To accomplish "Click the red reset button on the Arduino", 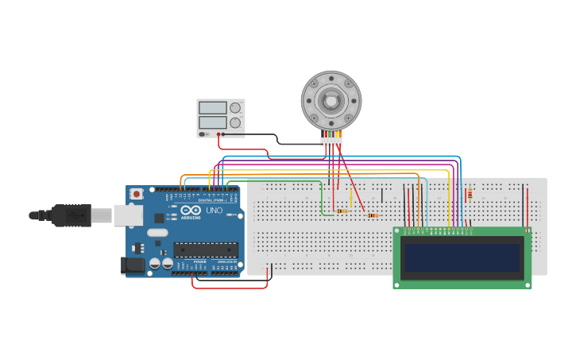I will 137,193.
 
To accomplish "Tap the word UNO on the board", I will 215,211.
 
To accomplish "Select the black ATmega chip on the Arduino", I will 206,250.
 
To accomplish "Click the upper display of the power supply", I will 213,107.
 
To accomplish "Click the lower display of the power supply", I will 213,122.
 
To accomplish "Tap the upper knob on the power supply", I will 235,107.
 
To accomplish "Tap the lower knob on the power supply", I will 235,122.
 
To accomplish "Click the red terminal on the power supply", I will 218,134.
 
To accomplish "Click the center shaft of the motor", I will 331,100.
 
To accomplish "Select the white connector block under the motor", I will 331,141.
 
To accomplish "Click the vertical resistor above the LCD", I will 470,193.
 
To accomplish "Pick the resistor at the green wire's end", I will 342,211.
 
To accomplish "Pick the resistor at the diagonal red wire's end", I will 373,215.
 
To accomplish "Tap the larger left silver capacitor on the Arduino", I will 155,263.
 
